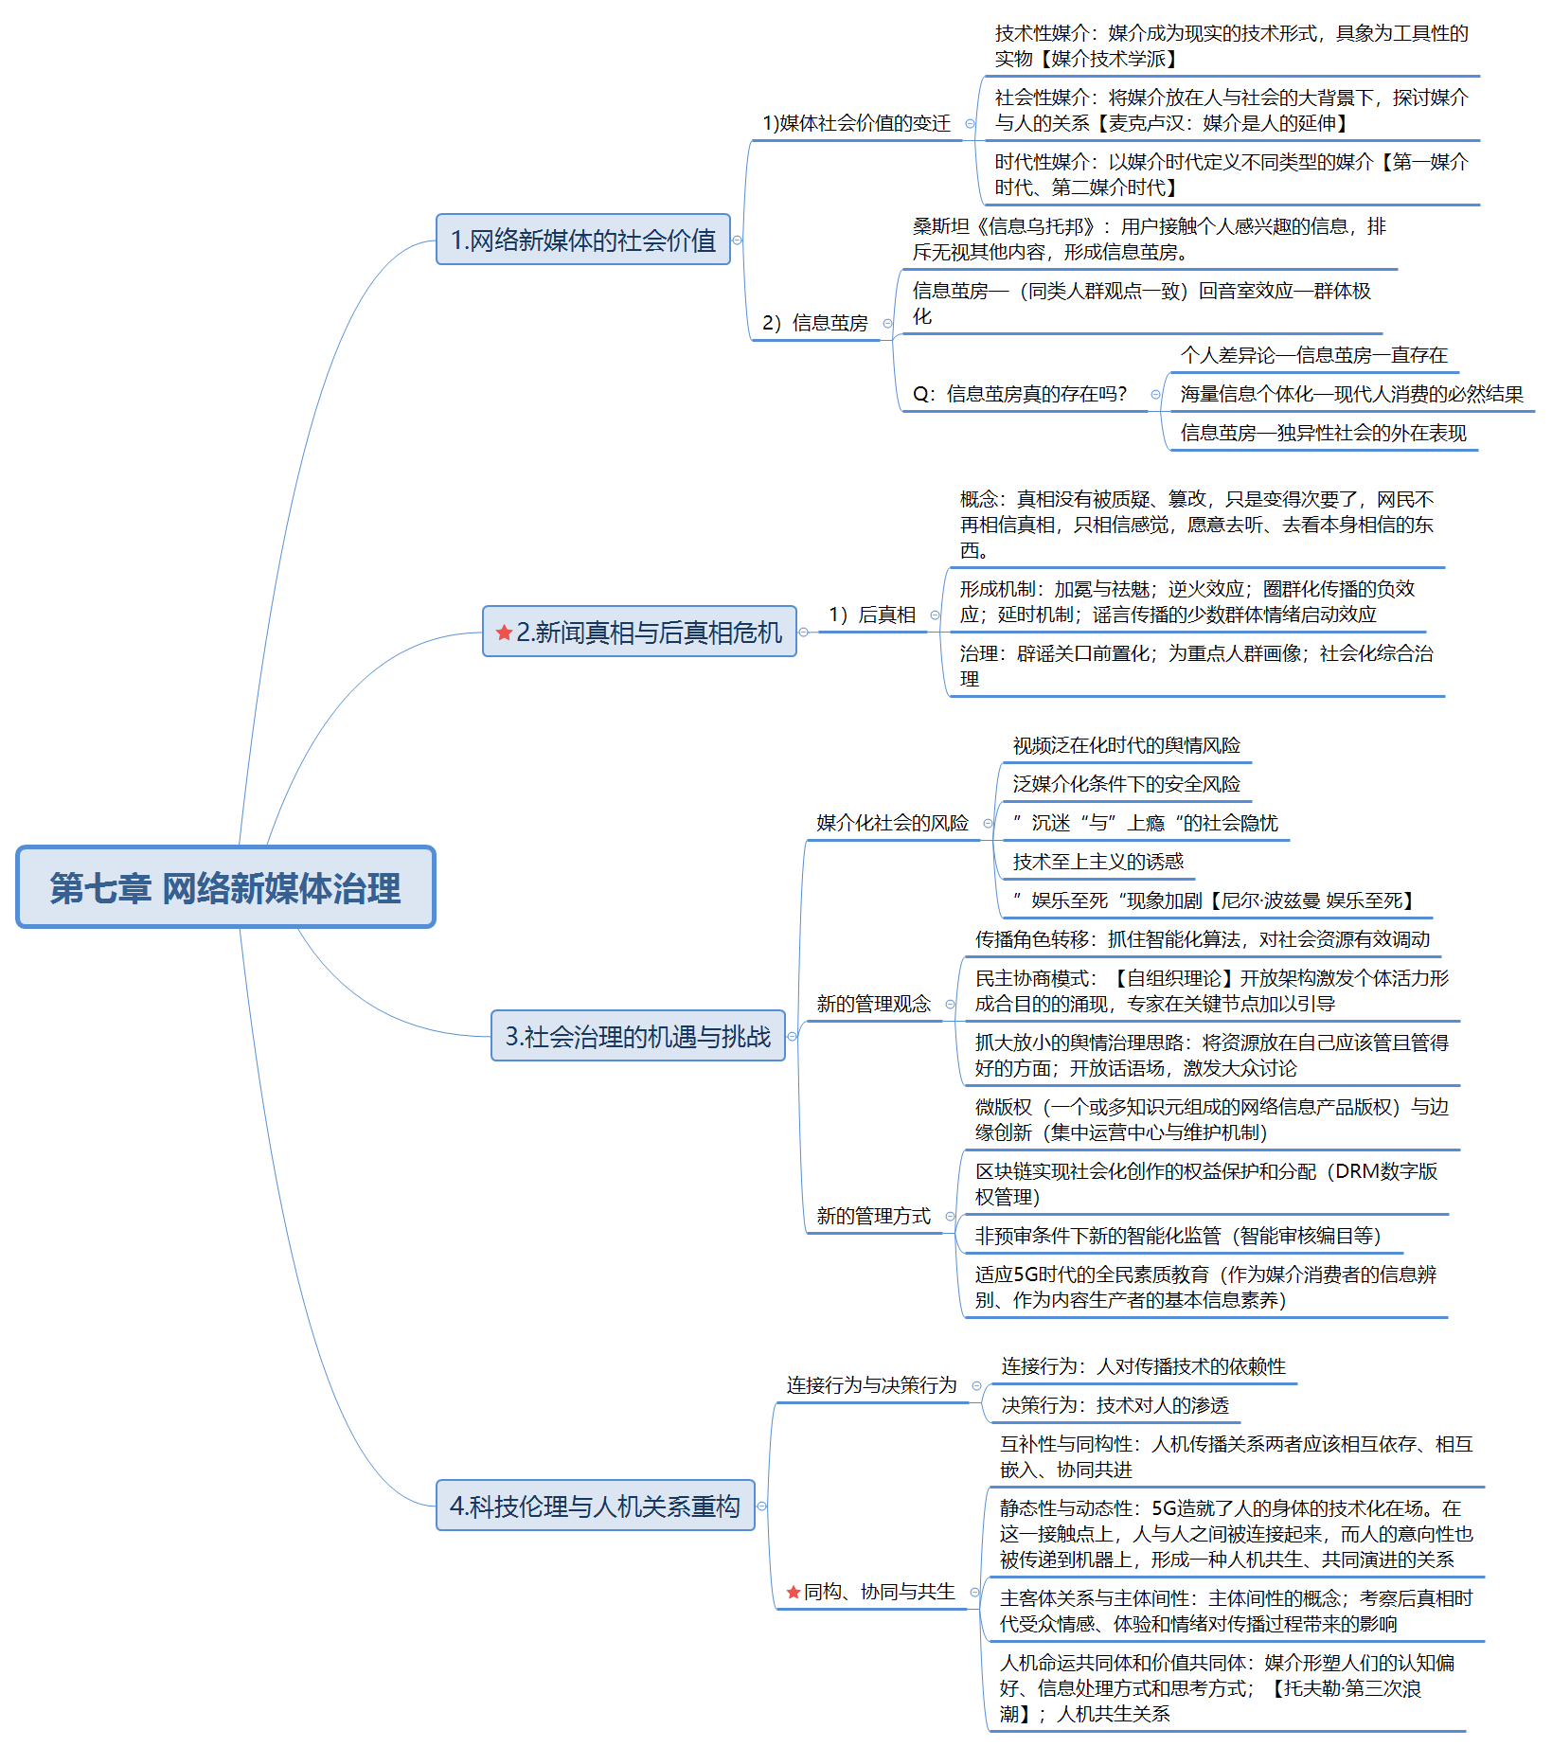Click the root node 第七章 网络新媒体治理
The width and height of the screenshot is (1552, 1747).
coord(225,887)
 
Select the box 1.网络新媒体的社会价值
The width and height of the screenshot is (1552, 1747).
coord(582,240)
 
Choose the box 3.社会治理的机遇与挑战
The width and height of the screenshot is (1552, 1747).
coord(637,1036)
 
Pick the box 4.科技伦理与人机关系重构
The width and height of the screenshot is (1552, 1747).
coord(595,1506)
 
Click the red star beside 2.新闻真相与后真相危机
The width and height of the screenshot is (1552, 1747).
coord(504,633)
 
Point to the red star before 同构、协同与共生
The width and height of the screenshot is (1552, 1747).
coord(794,1593)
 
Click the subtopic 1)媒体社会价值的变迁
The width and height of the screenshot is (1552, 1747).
coord(856,123)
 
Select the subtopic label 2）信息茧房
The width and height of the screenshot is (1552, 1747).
coord(815,323)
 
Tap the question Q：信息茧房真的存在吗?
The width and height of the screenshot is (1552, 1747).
coord(1020,394)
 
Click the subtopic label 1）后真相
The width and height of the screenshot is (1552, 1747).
coord(872,615)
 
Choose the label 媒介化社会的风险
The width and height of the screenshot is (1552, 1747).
coord(892,823)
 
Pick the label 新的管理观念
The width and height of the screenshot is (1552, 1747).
coord(873,1004)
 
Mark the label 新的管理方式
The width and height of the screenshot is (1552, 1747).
coord(873,1216)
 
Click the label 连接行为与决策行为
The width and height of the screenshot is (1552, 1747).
coord(871,1385)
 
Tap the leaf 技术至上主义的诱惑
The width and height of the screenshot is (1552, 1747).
coord(1097,862)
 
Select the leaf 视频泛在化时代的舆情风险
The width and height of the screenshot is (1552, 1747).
coord(1126,745)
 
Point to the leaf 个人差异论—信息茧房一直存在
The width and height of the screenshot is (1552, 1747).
coord(1313,355)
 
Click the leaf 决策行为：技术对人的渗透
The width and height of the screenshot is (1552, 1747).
coord(1115,1405)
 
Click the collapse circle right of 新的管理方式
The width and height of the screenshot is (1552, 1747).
coord(950,1217)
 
